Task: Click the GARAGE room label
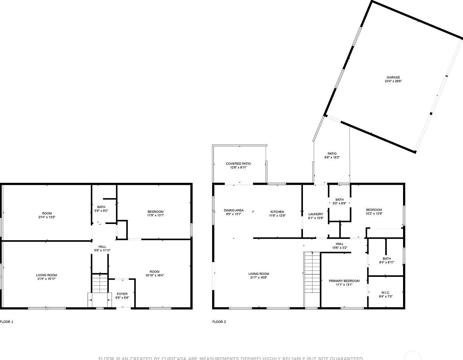[393, 77]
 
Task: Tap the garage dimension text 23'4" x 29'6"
[393, 81]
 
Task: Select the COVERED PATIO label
[238, 164]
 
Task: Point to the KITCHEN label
[277, 212]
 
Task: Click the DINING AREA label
[233, 210]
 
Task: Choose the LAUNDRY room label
[316, 214]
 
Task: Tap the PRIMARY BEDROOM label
[344, 281]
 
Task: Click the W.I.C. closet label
[386, 293]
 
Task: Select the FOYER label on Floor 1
[122, 294]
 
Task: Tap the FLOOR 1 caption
[7, 322]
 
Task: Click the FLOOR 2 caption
[219, 322]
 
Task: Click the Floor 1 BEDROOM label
[155, 212]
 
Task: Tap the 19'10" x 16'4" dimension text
[155, 276]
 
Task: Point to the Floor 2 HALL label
[339, 244]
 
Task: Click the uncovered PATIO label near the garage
[332, 154]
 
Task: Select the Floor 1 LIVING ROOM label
[46, 275]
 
